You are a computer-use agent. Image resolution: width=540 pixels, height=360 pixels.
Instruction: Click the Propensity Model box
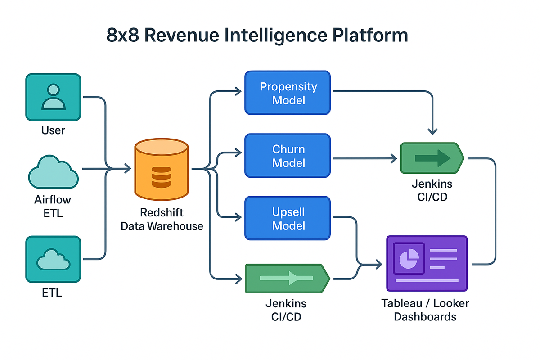pos(288,93)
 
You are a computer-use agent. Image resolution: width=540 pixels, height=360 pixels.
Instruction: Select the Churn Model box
pos(288,156)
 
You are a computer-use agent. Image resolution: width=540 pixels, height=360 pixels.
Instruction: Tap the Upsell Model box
pos(288,218)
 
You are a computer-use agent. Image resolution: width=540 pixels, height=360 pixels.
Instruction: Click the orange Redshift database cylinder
pos(162,170)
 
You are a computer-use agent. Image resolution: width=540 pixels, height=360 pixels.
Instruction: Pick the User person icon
pos(53,97)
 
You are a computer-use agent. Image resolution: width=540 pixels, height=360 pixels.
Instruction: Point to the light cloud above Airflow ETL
pos(53,172)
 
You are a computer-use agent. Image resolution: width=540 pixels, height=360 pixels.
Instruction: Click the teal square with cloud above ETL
pos(53,259)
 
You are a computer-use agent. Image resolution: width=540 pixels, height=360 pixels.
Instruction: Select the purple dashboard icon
pos(427,264)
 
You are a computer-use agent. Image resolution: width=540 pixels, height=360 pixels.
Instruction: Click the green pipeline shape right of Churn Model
pos(432,158)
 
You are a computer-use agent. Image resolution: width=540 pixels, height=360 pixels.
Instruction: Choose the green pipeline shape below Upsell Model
pos(288,279)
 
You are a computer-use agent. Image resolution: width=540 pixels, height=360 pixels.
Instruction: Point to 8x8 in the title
pos(123,35)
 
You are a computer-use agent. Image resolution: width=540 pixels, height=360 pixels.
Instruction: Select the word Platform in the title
pos(370,35)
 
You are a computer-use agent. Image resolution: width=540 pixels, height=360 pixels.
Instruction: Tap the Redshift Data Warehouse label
pos(162,220)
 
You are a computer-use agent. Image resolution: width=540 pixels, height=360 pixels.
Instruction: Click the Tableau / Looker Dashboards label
pos(425,310)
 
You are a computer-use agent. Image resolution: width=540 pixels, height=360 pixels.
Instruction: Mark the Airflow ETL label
pos(53,207)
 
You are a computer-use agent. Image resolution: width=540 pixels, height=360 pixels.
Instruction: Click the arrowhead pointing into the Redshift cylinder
pos(127,169)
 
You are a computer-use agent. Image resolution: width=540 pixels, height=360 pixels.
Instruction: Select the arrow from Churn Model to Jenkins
pos(365,158)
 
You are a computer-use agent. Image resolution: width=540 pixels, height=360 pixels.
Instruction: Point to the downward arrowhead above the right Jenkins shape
pos(433,131)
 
